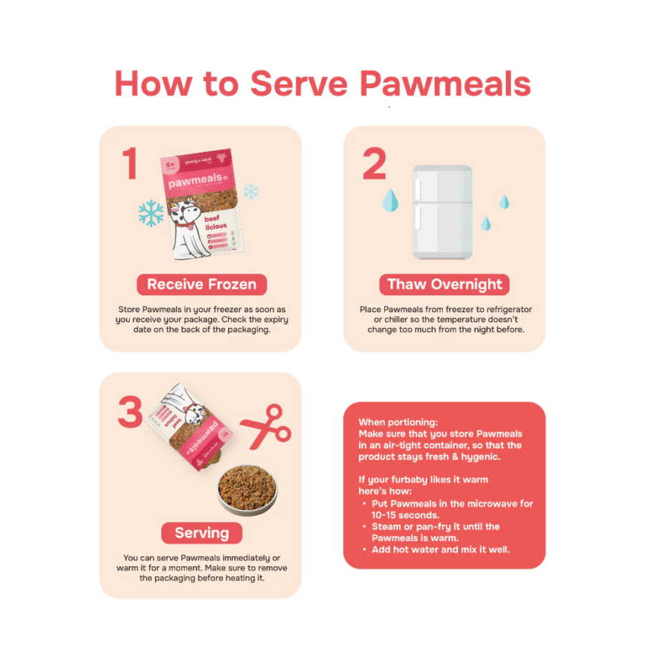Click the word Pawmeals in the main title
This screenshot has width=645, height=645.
pyautogui.click(x=445, y=84)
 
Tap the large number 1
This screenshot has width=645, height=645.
pyautogui.click(x=130, y=163)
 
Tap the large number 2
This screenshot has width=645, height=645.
pyautogui.click(x=374, y=163)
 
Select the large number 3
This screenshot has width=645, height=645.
pyautogui.click(x=130, y=412)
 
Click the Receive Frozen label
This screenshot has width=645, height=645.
pyautogui.click(x=201, y=285)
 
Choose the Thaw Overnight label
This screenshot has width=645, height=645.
pyautogui.click(x=444, y=285)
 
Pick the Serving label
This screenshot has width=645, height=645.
pyautogui.click(x=201, y=533)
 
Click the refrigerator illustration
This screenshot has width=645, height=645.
pyautogui.click(x=442, y=211)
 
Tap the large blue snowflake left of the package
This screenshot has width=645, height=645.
pyautogui.click(x=151, y=212)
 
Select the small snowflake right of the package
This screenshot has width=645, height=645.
pyautogui.click(x=251, y=191)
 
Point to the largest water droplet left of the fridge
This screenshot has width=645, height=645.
pyautogui.click(x=390, y=201)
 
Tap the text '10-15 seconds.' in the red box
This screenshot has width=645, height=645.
pyautogui.click(x=405, y=515)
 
